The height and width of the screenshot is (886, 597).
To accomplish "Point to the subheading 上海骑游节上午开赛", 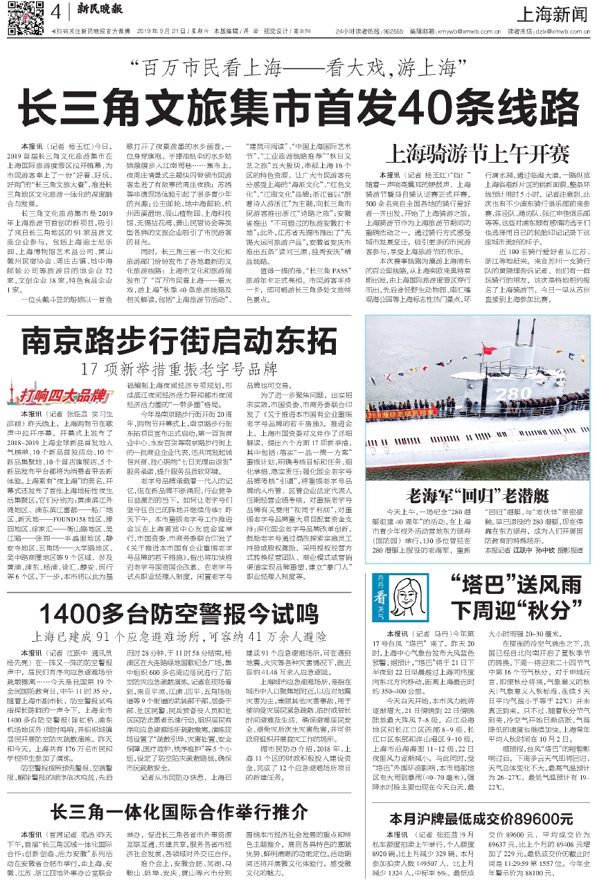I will point(471,152).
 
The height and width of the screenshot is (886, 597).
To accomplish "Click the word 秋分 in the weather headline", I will point(541,613).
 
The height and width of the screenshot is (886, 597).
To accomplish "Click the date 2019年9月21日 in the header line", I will point(163,32).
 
